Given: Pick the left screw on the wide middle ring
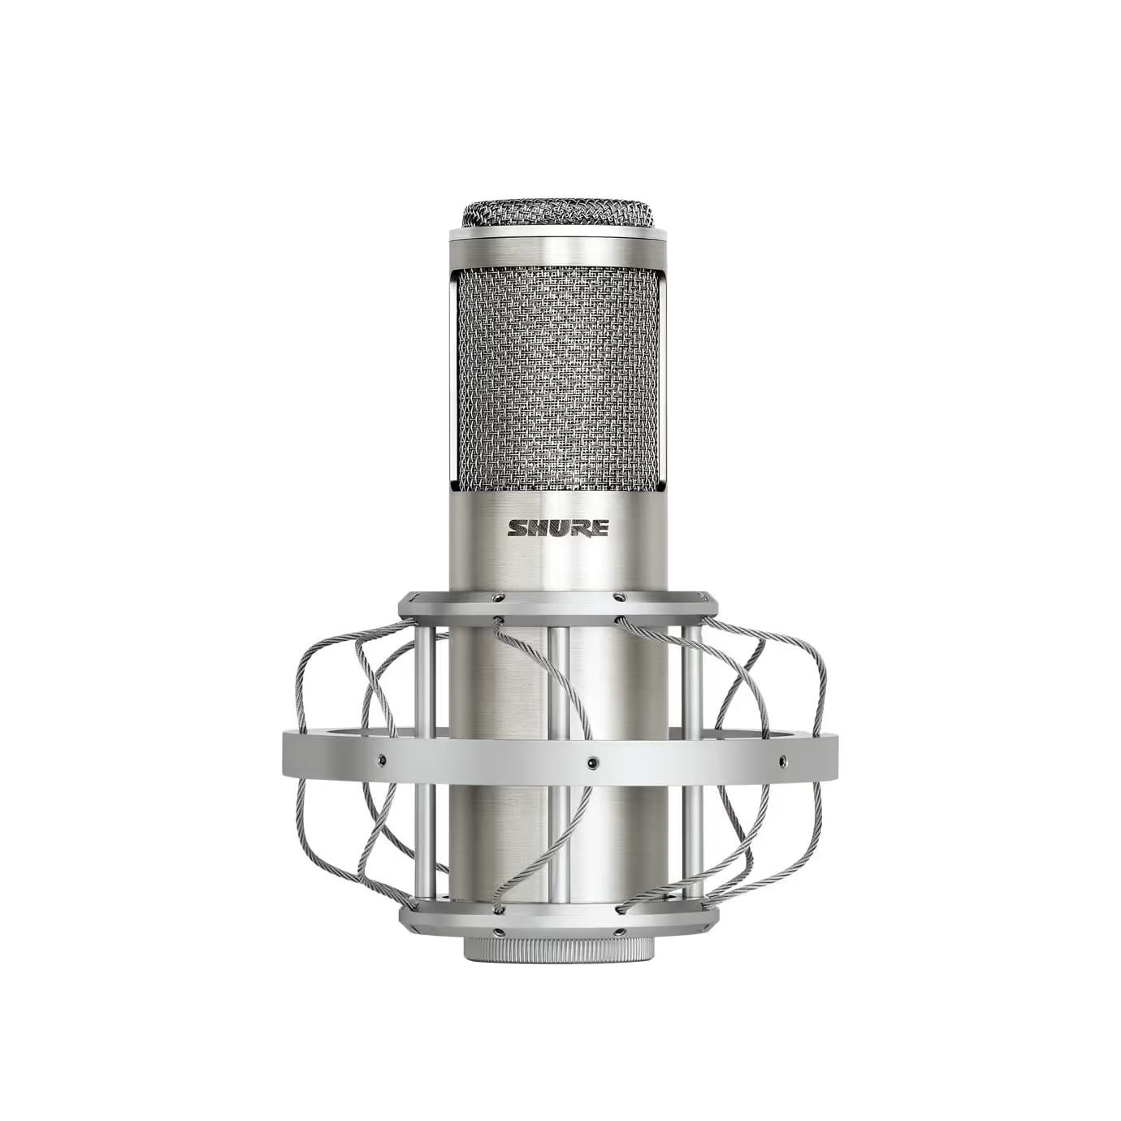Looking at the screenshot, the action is (381, 759).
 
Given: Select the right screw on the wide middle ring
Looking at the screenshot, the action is (782, 759).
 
